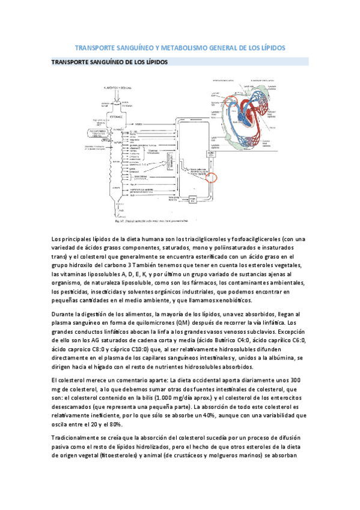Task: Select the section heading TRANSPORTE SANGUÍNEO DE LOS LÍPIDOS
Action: click(109, 62)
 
